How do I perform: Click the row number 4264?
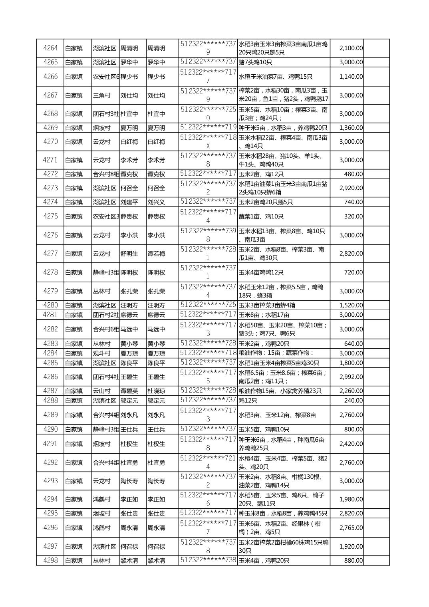click(x=50, y=48)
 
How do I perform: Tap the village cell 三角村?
click(x=102, y=95)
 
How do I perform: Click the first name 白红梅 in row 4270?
click(x=129, y=142)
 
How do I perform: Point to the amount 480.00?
click(x=354, y=174)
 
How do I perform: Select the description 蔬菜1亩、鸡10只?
click(x=261, y=216)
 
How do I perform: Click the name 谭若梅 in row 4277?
click(x=156, y=254)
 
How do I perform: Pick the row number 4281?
click(x=50, y=315)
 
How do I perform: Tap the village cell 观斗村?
click(x=102, y=353)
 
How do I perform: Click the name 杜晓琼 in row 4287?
click(x=156, y=391)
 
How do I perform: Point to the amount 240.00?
click(x=354, y=401)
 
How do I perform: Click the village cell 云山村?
click(x=102, y=391)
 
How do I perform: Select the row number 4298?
click(x=50, y=560)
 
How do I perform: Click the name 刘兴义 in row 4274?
click(x=156, y=202)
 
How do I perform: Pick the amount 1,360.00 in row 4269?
click(x=351, y=128)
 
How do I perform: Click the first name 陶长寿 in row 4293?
click(x=129, y=481)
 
